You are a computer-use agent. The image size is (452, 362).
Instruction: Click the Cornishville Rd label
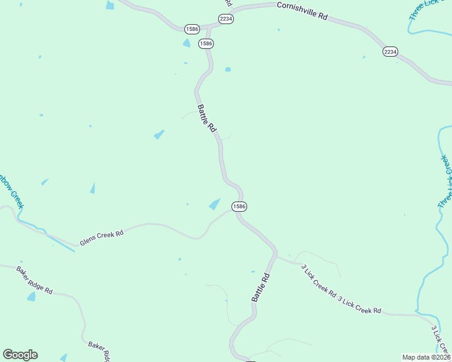[302, 11]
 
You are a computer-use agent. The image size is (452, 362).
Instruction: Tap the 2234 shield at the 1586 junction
[226, 19]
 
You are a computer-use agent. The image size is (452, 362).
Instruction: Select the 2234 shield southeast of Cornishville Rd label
[390, 52]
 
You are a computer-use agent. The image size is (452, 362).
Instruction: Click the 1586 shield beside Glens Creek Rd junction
[239, 206]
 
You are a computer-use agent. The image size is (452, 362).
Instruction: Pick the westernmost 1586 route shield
[192, 28]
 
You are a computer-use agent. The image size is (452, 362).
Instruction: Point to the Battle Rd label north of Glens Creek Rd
[207, 118]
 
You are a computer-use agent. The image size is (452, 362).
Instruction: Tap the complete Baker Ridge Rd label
[34, 280]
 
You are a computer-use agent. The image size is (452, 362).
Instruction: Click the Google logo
[20, 355]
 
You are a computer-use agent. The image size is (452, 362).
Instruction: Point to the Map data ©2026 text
[426, 357]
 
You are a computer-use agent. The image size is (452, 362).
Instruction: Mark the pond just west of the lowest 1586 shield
[215, 205]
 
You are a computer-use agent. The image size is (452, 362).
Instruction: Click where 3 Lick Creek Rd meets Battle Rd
[277, 256]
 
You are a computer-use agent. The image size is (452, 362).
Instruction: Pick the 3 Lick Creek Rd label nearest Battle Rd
[318, 280]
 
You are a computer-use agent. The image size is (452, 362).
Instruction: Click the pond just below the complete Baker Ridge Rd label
[31, 296]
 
